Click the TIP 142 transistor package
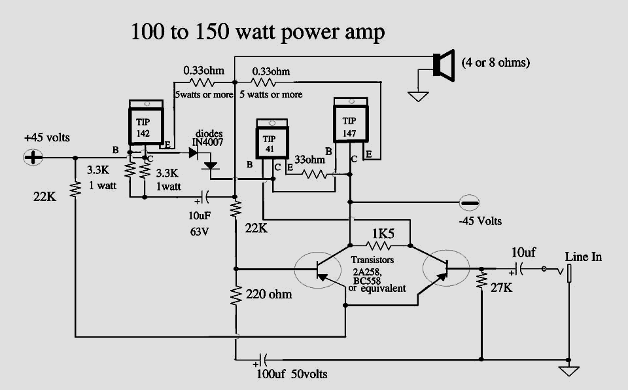pyautogui.click(x=146, y=122)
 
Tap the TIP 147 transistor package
pyautogui.click(x=351, y=120)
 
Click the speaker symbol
pyautogui.click(x=444, y=65)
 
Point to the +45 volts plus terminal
pyautogui.click(x=33, y=157)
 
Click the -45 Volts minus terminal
pyautogui.click(x=468, y=203)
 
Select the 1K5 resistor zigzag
pyautogui.click(x=379, y=245)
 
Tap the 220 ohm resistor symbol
pyautogui.click(x=236, y=296)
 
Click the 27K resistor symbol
pyautogui.click(x=481, y=280)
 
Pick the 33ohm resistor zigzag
pyautogui.click(x=315, y=174)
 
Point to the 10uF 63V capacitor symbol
pyautogui.click(x=204, y=197)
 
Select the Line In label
pyautogui.click(x=583, y=257)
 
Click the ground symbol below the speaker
pyautogui.click(x=418, y=96)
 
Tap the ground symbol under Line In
pyautogui.click(x=568, y=372)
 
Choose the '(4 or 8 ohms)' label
pyautogui.click(x=496, y=63)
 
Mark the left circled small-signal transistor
pyautogui.click(x=318, y=270)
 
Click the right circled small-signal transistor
pyautogui.click(x=446, y=268)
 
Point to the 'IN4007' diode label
pyautogui.click(x=207, y=142)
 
